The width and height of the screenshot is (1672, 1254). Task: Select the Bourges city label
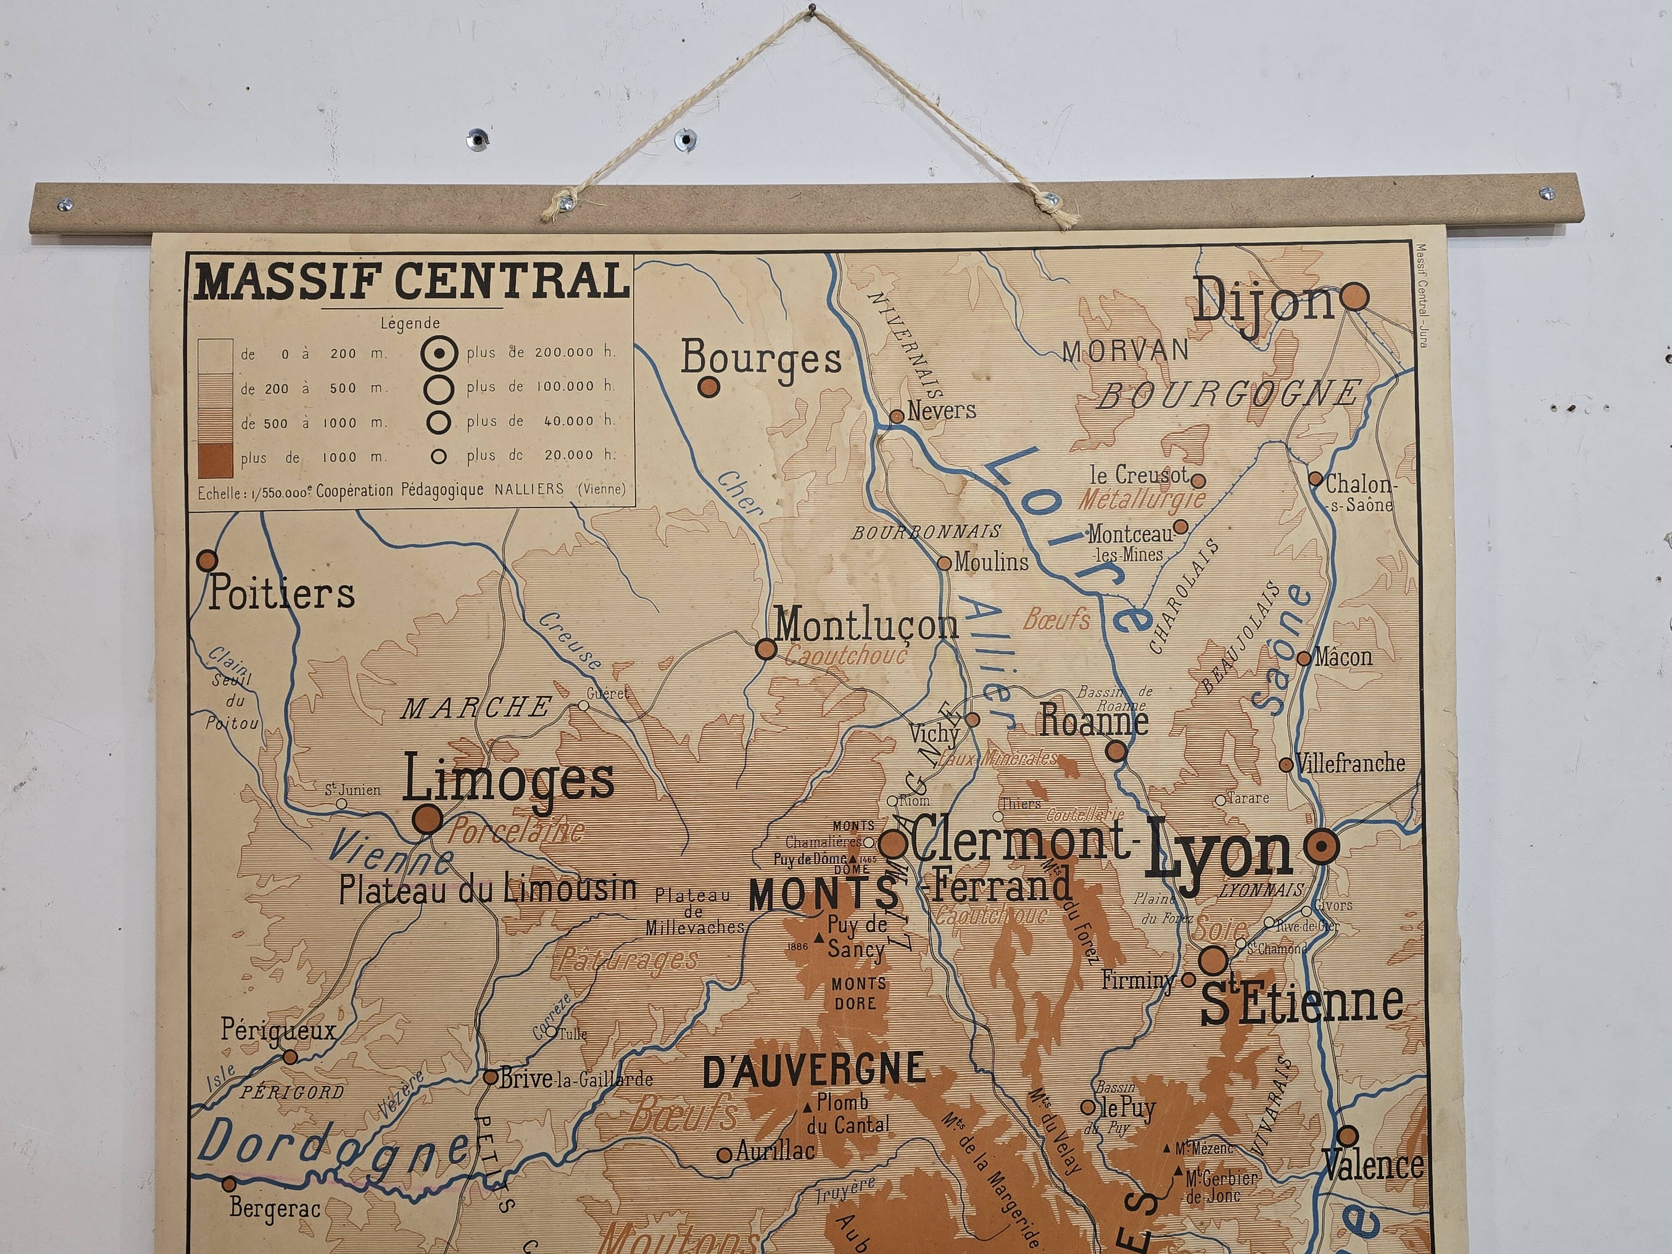pyautogui.click(x=761, y=358)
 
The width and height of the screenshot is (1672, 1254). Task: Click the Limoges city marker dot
pyautogui.click(x=428, y=818)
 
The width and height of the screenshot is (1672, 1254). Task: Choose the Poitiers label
pyautogui.click(x=281, y=594)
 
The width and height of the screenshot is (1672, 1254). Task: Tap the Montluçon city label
pyautogui.click(x=866, y=626)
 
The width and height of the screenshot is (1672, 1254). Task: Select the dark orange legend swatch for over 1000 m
pyautogui.click(x=215, y=460)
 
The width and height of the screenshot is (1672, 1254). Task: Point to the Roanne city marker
pyautogui.click(x=1116, y=751)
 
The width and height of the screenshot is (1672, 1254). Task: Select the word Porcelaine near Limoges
pyautogui.click(x=516, y=832)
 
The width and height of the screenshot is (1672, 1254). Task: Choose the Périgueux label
pyautogui.click(x=278, y=1030)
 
